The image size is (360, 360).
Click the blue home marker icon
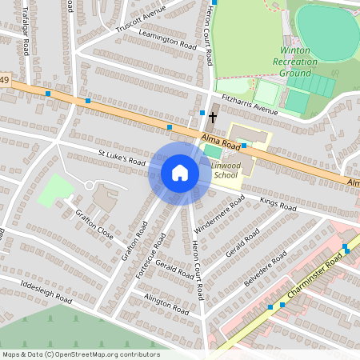click(180, 173)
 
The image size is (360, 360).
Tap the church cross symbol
click(212, 118)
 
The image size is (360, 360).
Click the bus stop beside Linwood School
click(243, 146)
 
